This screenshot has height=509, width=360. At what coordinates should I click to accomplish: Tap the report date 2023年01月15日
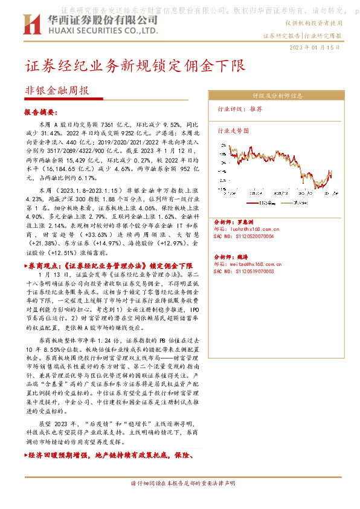315,48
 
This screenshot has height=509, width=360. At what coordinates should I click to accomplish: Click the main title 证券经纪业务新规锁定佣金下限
135,65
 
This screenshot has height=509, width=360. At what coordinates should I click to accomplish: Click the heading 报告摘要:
40,112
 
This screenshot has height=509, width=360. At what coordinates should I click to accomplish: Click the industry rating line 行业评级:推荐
240,109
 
